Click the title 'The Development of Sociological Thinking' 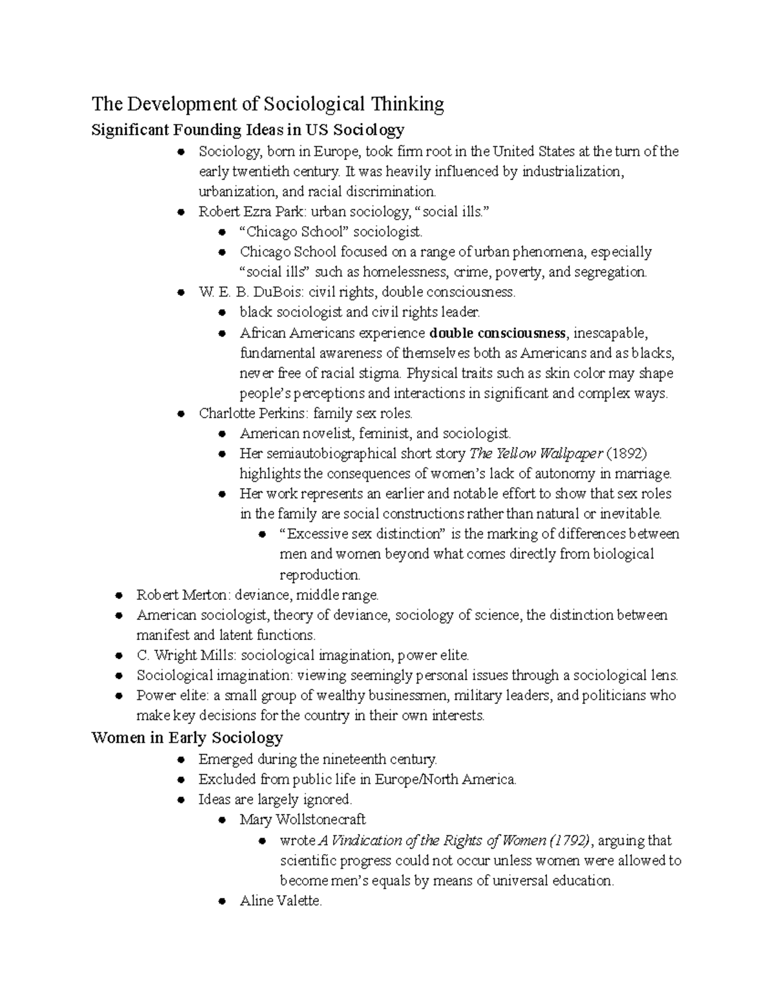(268, 104)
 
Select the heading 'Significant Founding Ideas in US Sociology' (248, 130)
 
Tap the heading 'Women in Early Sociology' (188, 738)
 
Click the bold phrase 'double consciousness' (497, 333)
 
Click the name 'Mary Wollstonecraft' (303, 820)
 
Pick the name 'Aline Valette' (280, 901)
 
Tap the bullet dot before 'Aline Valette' (222, 901)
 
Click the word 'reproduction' (319, 575)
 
